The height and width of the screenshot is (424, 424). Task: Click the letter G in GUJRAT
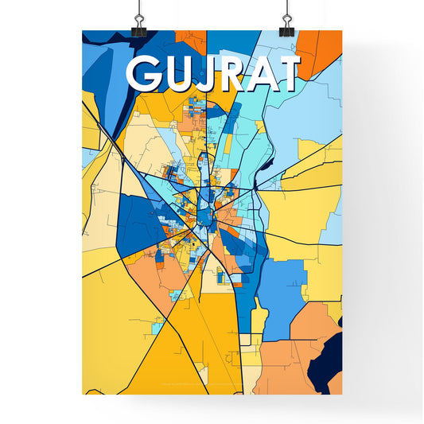pyautogui.click(x=145, y=74)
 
